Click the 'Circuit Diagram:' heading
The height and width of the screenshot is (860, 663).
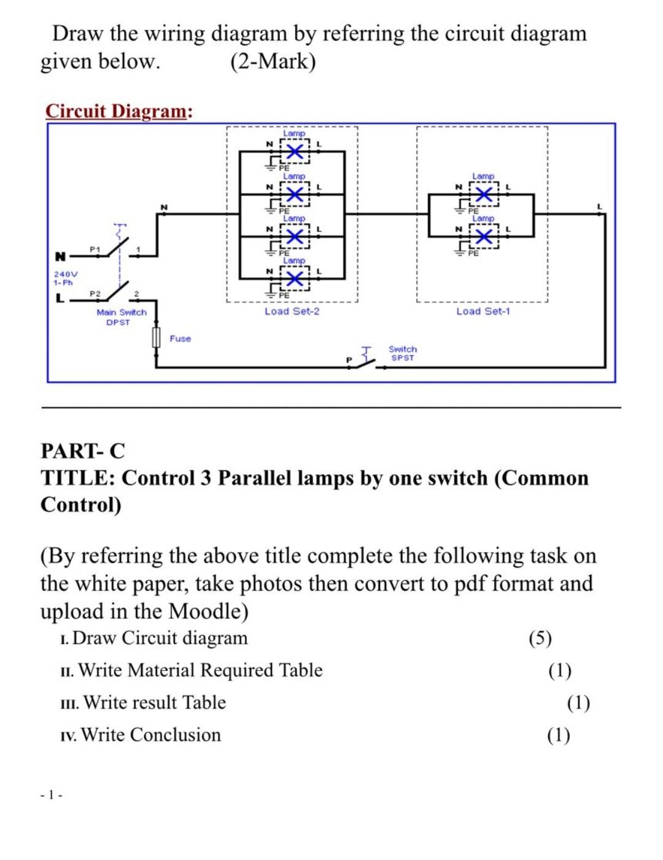pos(119,111)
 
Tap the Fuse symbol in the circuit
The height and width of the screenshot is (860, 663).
pos(156,338)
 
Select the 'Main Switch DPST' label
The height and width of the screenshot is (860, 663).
pos(121,317)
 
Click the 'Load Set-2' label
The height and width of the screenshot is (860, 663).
pos(292,311)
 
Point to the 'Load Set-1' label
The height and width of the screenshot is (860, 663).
pos(483,311)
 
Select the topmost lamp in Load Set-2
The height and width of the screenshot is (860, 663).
pos(295,152)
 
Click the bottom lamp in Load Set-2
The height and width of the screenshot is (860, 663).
pos(295,279)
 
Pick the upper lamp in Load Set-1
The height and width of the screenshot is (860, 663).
pos(484,194)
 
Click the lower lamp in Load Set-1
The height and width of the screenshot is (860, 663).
pos(484,237)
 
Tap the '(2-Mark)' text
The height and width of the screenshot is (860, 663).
pos(273,62)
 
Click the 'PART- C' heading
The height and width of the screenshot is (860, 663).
pos(82,451)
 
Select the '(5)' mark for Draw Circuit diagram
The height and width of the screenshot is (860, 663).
pos(540,639)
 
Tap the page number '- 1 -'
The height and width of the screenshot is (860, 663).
pos(51,795)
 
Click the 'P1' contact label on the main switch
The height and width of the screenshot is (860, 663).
pos(94,249)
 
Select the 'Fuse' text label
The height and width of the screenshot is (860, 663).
pos(180,339)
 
